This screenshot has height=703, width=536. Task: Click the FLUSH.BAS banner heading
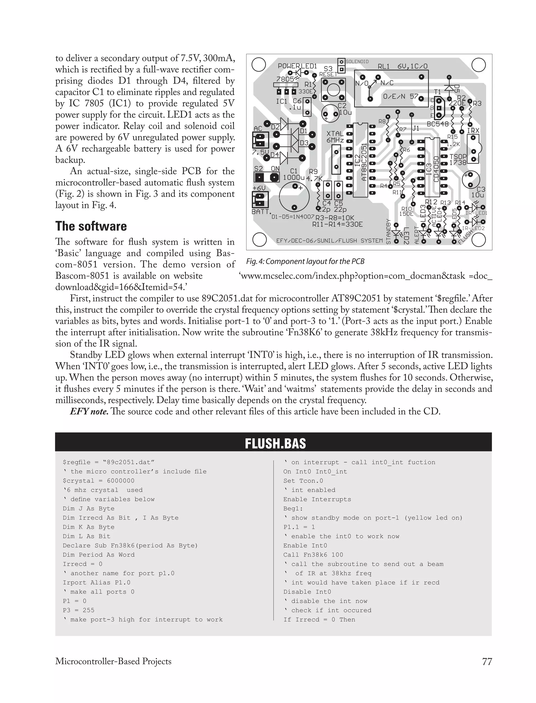[x=275, y=443]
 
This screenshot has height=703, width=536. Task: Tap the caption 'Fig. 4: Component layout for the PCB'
[x=305, y=261]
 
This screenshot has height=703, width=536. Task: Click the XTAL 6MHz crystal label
[x=335, y=137]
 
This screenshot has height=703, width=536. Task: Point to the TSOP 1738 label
[x=458, y=159]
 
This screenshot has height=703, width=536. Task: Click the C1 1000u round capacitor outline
[x=294, y=197]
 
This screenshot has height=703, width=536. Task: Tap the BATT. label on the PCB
[x=261, y=212]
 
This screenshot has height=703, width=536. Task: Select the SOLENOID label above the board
[x=357, y=62]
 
